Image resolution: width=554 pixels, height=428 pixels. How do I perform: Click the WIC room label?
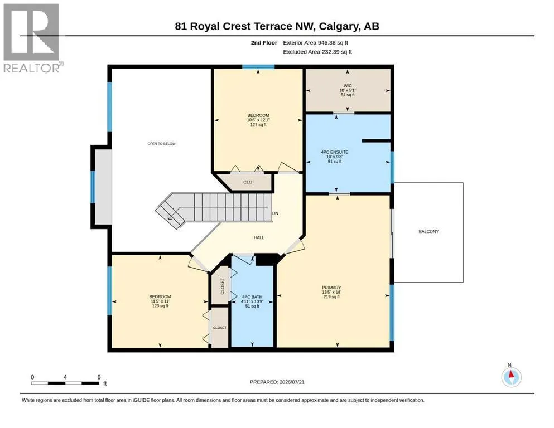348,86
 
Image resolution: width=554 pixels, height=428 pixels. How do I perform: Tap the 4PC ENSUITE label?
334,152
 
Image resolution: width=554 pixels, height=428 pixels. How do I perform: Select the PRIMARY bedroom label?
331,288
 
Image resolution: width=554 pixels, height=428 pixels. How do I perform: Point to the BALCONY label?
428,231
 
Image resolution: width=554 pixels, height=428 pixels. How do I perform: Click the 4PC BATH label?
252,297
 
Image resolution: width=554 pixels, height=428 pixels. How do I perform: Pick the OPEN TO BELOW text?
161,144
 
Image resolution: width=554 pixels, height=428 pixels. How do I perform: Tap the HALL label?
259,238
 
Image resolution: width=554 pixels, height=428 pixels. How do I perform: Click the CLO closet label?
248,182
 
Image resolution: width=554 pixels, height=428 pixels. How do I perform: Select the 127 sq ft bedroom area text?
258,124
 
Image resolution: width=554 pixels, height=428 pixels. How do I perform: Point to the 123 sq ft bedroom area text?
160,306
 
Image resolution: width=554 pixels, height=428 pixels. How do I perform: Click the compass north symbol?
511,377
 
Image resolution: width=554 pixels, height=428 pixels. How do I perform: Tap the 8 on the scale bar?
99,377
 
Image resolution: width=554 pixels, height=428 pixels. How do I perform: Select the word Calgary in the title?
337,26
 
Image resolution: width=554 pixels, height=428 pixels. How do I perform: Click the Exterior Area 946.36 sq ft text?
316,43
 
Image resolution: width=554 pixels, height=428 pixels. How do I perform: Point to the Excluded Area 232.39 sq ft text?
317,52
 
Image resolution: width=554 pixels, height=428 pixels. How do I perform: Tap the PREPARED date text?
277,382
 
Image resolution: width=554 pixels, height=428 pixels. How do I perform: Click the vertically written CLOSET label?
222,286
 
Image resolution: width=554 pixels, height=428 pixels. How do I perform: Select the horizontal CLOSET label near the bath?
219,328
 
